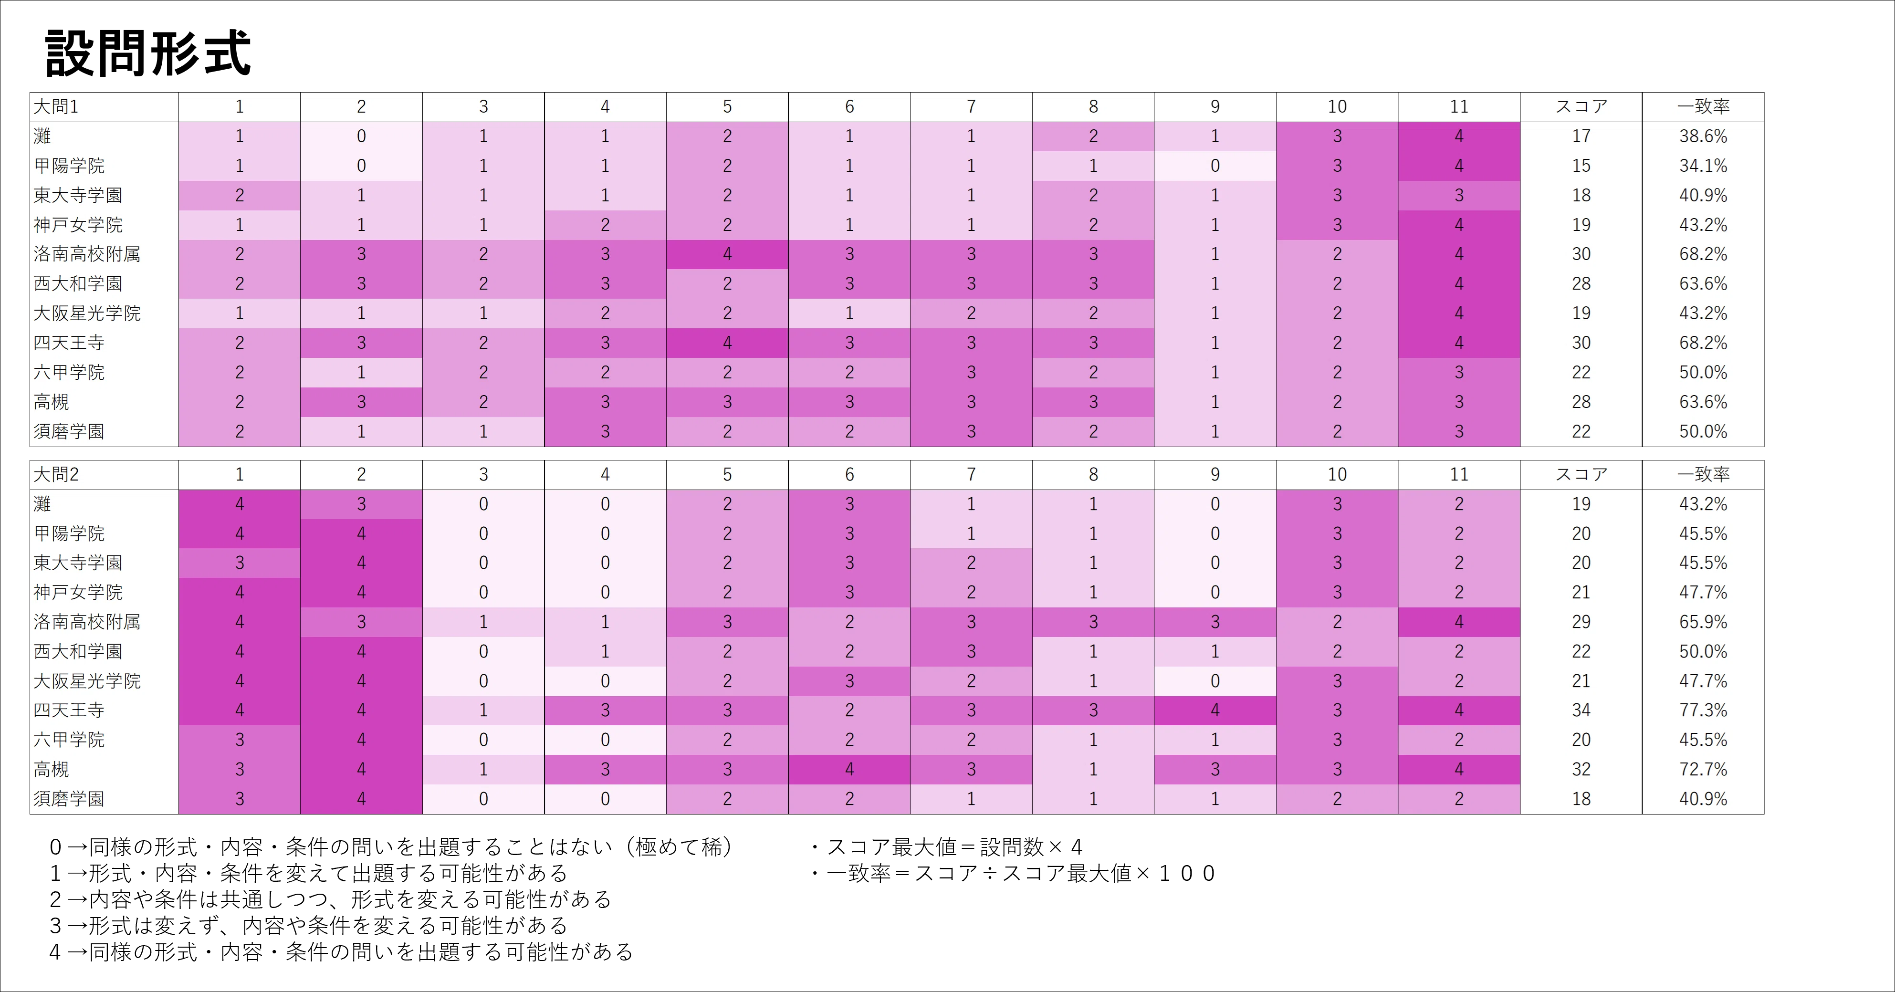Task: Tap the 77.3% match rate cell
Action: (1703, 710)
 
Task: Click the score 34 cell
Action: (1581, 710)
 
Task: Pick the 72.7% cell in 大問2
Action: (1703, 769)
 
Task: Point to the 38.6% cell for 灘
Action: (1703, 136)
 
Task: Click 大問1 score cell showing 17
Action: (1581, 136)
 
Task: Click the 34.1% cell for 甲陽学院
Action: (1703, 166)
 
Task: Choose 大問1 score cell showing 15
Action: (1581, 166)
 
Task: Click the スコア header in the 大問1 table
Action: (1581, 106)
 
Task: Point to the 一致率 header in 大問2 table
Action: (1703, 474)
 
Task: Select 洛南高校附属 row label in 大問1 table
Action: (87, 254)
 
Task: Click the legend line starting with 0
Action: (391, 847)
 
